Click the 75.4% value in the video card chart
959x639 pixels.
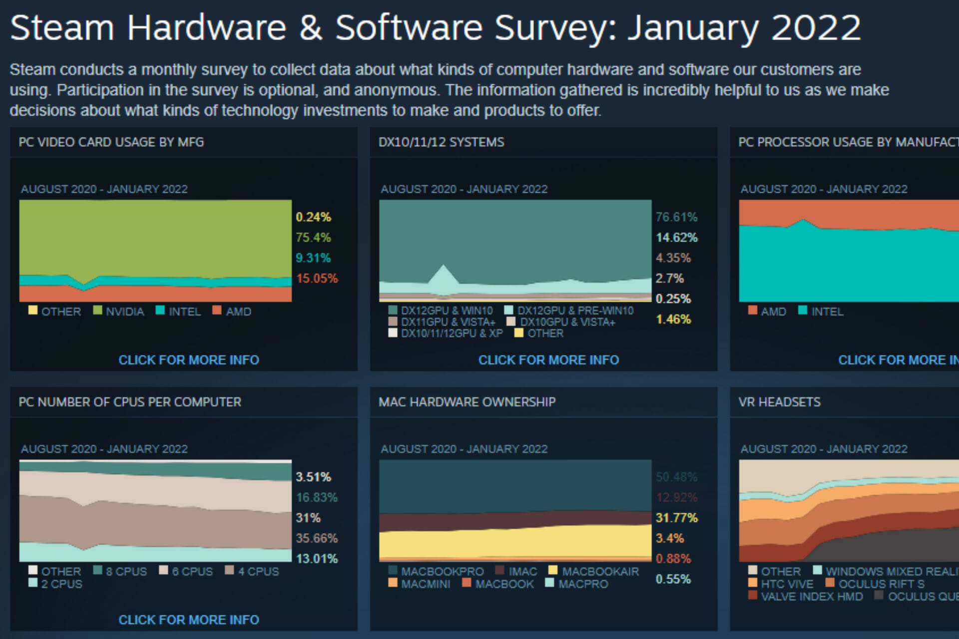click(x=313, y=238)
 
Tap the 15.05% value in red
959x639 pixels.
click(x=317, y=279)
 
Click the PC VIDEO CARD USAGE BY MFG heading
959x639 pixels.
click(x=111, y=142)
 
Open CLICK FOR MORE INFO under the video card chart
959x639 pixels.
click(x=189, y=360)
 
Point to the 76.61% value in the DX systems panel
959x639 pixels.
click(x=676, y=217)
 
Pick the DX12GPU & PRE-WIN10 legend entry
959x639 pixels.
click(x=575, y=311)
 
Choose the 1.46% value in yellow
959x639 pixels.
click(x=673, y=319)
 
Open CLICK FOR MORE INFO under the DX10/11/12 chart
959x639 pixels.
click(x=548, y=360)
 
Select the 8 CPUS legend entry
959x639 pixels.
click(x=126, y=571)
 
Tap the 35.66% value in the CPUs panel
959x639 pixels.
click(x=317, y=538)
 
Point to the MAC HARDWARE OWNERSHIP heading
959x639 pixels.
click(x=467, y=402)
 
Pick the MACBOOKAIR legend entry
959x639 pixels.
click(x=600, y=571)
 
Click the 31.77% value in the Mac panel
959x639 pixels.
click(x=676, y=518)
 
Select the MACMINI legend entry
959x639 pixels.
click(x=425, y=584)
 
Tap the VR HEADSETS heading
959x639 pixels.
click(x=779, y=402)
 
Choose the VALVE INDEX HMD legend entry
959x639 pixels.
click(x=812, y=596)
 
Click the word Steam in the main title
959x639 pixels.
click(x=62, y=28)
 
